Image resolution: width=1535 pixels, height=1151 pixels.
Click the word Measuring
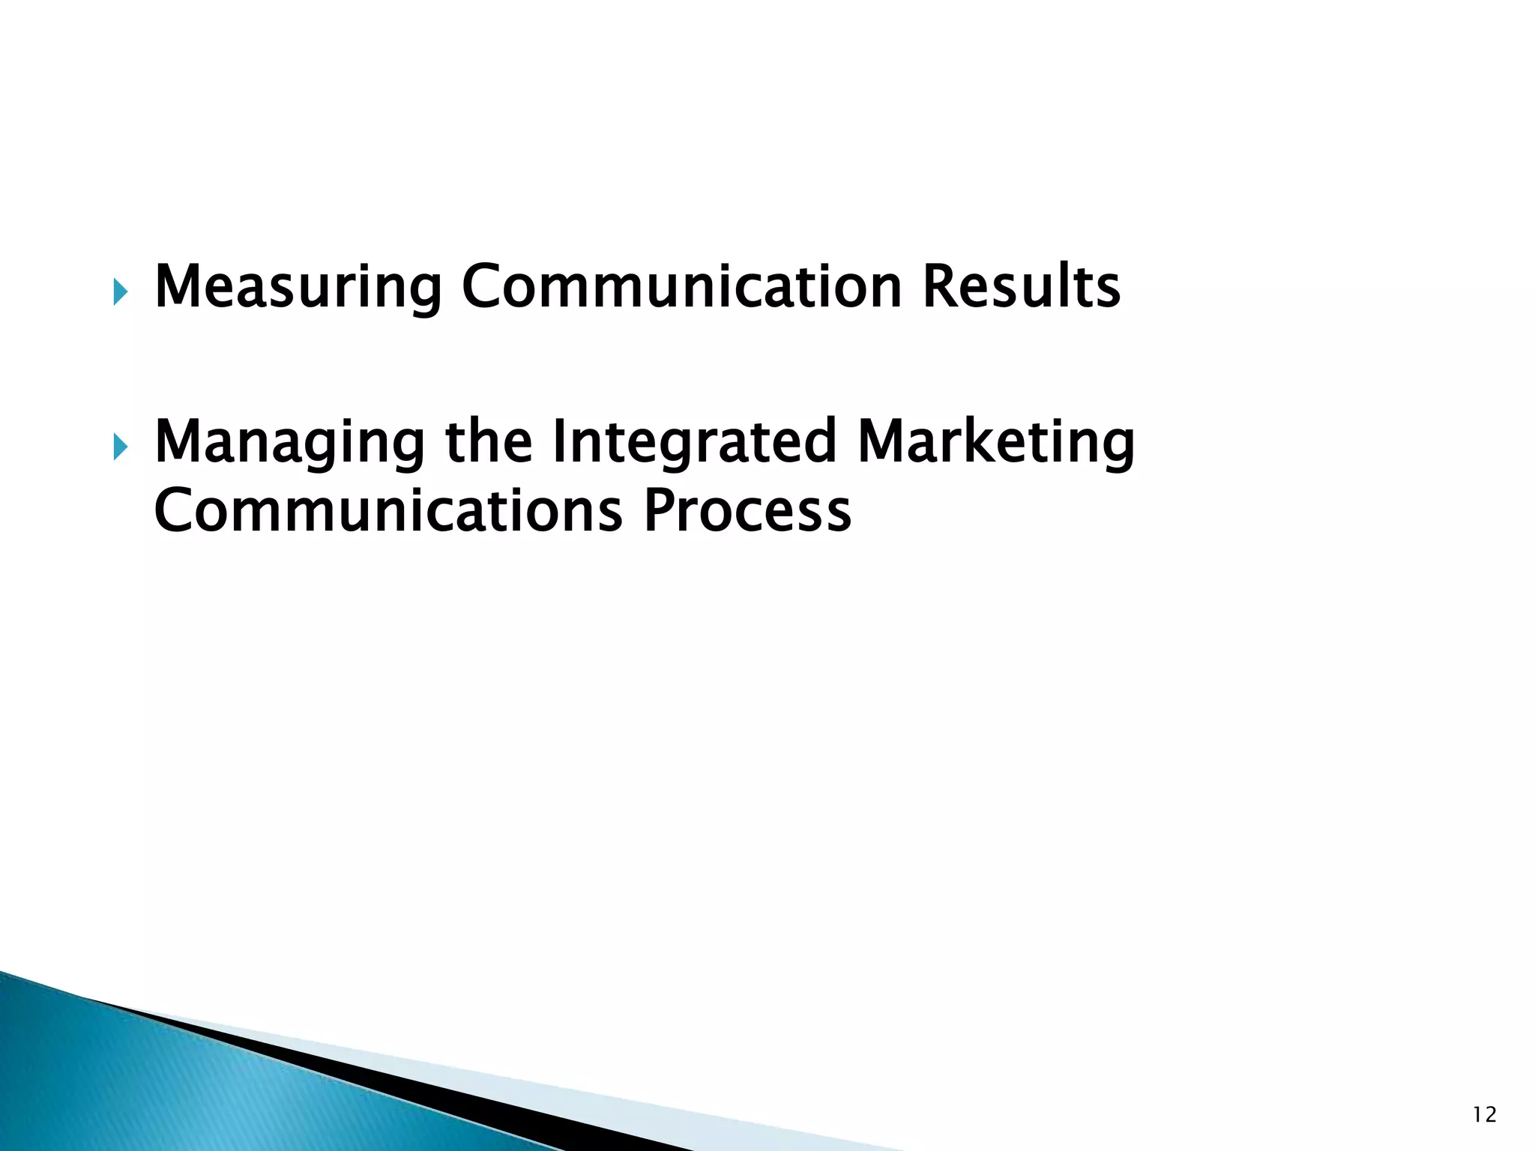coord(298,287)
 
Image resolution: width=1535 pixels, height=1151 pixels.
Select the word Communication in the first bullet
coord(681,287)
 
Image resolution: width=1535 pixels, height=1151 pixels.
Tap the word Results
coord(1021,287)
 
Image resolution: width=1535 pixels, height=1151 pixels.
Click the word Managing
coord(289,442)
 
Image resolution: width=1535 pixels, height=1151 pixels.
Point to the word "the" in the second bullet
coord(489,442)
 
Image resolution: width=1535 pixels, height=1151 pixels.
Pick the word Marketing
coord(996,442)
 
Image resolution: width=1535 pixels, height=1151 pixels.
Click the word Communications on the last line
coord(387,511)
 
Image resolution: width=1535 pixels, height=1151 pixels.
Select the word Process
coord(747,511)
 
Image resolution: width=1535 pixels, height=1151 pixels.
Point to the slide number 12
coord(1484,1115)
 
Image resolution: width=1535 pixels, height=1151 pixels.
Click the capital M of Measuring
coord(178,287)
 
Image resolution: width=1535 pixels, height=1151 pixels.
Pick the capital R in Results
coord(940,287)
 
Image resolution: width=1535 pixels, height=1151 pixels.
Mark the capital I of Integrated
coord(558,442)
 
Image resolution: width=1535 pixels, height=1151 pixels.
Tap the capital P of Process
coord(660,511)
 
